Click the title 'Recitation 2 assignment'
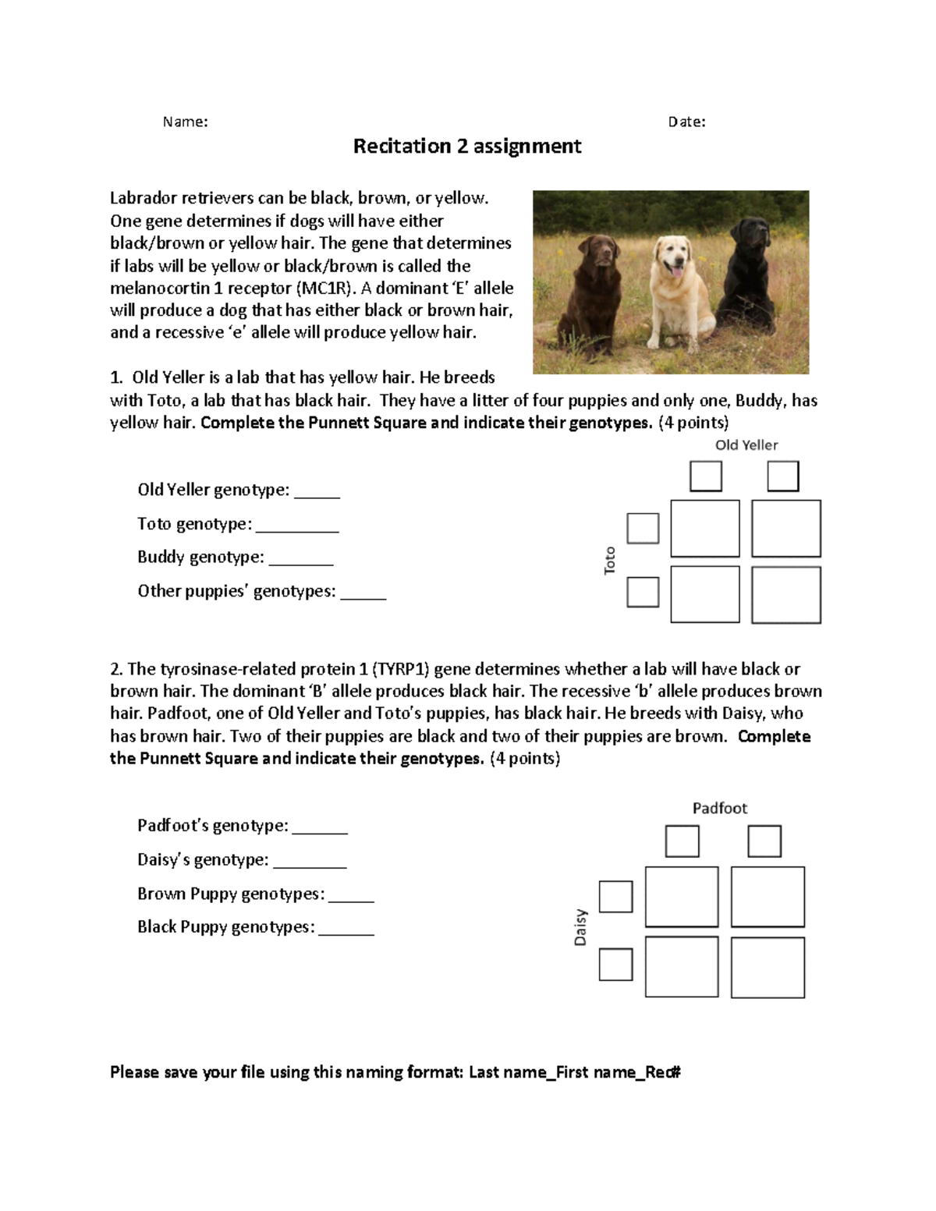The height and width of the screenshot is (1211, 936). point(467,147)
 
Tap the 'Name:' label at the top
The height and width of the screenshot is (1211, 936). point(185,122)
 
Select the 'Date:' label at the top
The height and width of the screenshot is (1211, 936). point(686,122)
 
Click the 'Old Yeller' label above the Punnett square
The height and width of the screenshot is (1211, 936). point(746,445)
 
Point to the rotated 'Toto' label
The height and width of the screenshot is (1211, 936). point(610,560)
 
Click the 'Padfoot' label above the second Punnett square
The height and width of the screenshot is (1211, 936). point(719,809)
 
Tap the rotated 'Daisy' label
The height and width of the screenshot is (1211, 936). point(580,927)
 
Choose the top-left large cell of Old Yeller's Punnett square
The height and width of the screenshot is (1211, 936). point(705,529)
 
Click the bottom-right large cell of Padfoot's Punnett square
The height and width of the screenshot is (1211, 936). point(768,967)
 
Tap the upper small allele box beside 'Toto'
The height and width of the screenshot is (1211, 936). point(643,528)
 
